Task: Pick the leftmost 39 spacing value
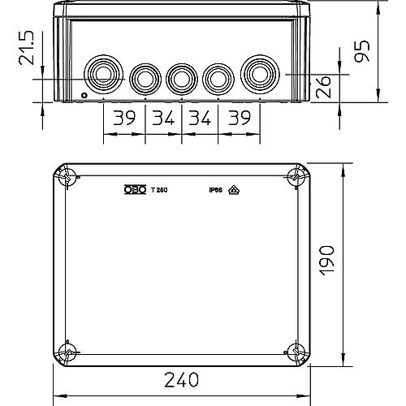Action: click(x=123, y=119)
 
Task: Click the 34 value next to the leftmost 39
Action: click(x=163, y=119)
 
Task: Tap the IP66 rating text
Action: click(x=215, y=190)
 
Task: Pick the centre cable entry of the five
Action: click(x=180, y=78)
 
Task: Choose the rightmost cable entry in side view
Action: click(x=257, y=72)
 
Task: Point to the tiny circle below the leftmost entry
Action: click(x=85, y=96)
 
